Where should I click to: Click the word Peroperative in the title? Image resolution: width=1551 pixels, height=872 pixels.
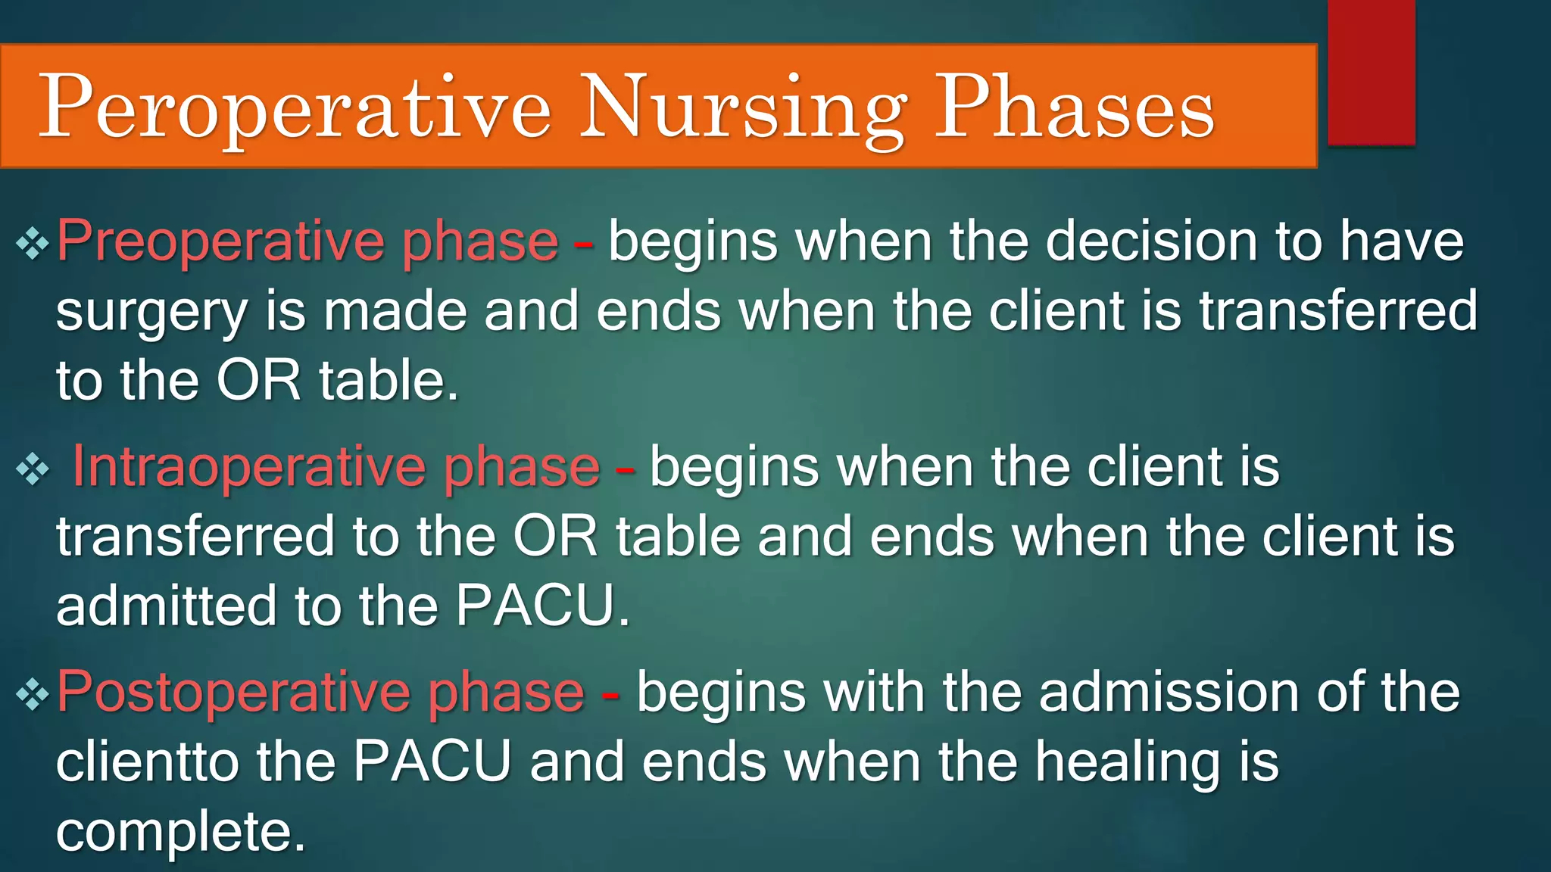(294, 107)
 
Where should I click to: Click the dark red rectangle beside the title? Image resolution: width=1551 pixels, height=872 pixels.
(1371, 72)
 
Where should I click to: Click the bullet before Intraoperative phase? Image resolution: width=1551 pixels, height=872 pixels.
(32, 469)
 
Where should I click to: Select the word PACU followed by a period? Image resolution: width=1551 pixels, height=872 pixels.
(539, 606)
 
